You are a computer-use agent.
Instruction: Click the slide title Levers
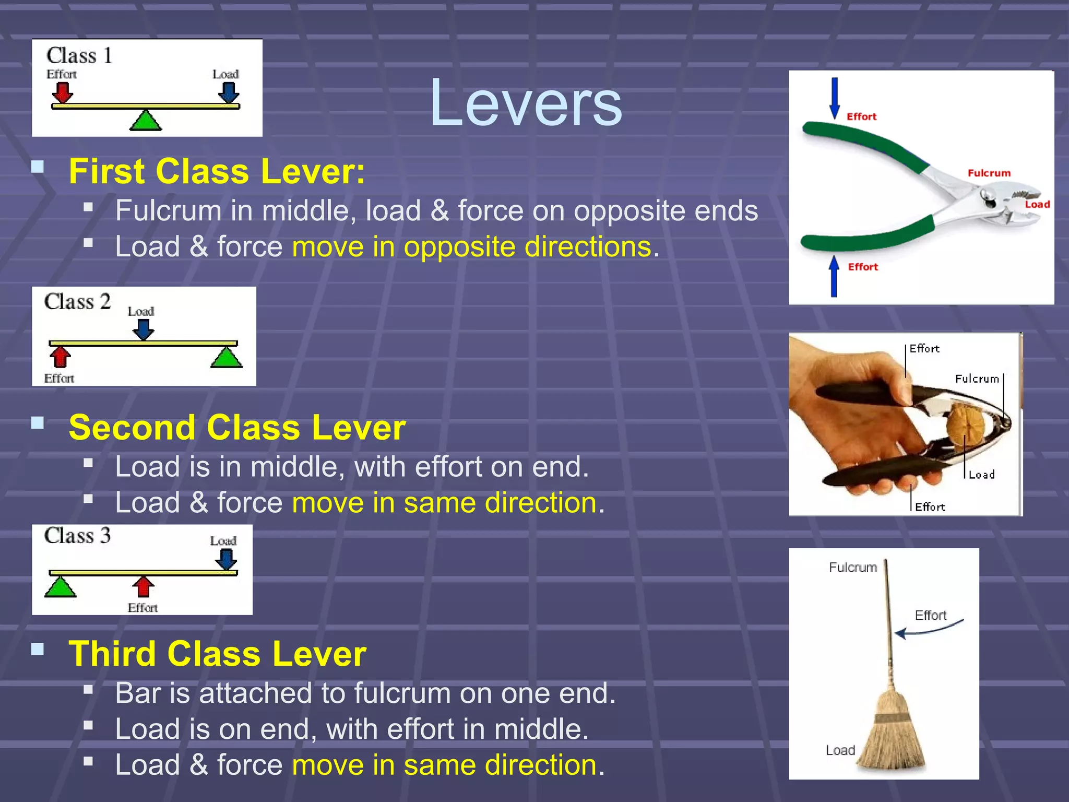(526, 102)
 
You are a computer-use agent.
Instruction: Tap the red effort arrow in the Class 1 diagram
(63, 93)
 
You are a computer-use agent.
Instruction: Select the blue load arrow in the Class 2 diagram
(142, 329)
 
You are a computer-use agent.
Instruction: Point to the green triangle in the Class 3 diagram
(61, 587)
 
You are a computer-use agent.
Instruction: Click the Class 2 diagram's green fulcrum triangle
(227, 358)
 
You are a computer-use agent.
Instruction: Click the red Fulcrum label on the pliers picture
(989, 173)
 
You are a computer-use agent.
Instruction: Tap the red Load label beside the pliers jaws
(1037, 204)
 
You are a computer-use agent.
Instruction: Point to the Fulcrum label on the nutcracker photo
(977, 379)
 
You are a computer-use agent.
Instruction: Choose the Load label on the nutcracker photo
(981, 475)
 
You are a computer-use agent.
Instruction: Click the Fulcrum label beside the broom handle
(853, 567)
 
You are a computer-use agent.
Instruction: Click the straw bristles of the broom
(892, 736)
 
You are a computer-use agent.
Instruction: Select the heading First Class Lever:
(217, 171)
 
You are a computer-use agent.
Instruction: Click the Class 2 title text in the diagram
(77, 302)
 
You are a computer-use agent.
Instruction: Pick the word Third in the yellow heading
(112, 654)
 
